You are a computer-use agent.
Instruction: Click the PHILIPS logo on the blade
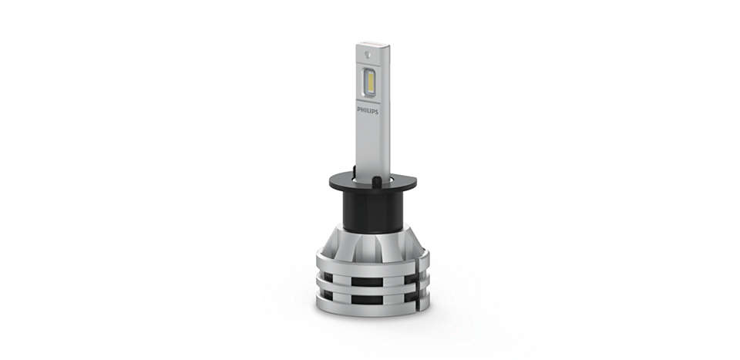pos(368,110)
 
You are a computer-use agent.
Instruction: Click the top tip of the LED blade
pos(371,45)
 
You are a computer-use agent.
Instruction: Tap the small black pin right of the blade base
pos(377,181)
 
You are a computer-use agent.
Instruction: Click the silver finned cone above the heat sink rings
pos(371,243)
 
